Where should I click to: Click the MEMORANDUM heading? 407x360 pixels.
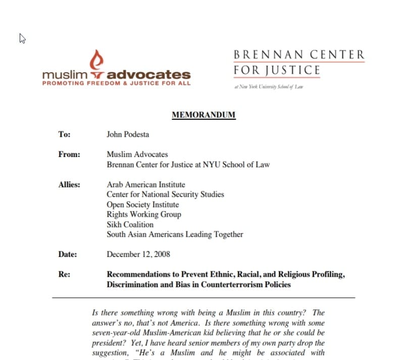pos(204,115)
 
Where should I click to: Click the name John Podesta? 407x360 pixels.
pos(128,134)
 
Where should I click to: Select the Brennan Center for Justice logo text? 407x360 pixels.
pos(299,62)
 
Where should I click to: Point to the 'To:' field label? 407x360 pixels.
pos(64,135)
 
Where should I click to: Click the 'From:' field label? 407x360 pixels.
pos(70,155)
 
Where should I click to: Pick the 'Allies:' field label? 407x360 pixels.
pos(70,185)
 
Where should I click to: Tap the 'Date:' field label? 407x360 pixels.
pos(68,254)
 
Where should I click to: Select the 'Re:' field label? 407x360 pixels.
pos(64,275)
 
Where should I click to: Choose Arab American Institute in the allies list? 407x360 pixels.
pos(146,185)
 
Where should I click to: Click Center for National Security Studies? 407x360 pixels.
pos(165,194)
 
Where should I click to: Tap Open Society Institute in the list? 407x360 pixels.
pos(143,204)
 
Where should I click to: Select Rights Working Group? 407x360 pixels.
pos(144,215)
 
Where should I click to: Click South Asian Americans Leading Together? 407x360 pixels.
pos(175,234)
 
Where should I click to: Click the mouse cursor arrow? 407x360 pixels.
pos(22,38)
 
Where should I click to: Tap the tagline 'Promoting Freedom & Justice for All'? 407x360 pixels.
pos(116,83)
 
